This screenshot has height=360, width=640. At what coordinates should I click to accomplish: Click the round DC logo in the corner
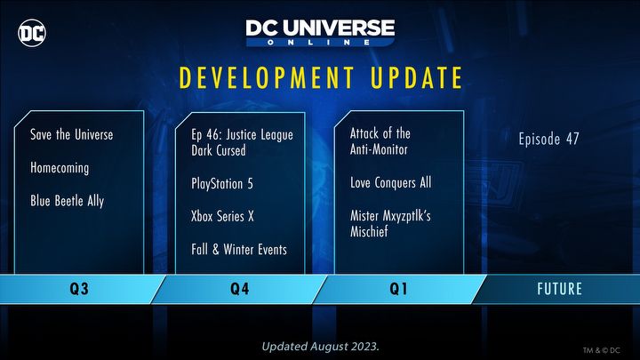coord(33,34)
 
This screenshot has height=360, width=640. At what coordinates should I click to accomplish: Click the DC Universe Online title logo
coord(320,33)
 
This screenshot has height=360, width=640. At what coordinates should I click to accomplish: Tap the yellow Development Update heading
coord(321,78)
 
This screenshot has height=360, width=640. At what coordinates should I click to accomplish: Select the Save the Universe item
coord(72,135)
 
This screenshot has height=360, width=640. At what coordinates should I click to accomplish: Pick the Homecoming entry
coord(60,168)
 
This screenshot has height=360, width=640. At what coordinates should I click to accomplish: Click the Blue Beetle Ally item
coord(67,201)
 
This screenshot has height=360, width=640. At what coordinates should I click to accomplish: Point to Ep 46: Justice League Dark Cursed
coord(242,143)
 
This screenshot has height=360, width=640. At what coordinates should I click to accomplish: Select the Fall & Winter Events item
coord(239,250)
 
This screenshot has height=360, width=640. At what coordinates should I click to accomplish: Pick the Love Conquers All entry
coord(390,183)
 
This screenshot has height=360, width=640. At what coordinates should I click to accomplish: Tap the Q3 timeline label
coord(78,289)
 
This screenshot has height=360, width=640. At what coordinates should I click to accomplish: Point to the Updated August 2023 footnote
coord(320,345)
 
